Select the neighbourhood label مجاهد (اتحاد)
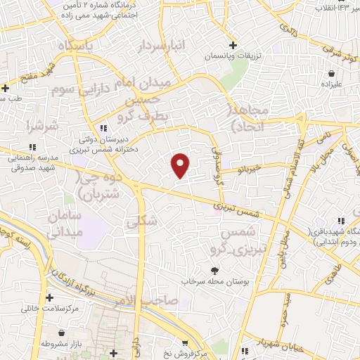click(x=245, y=117)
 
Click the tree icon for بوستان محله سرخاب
click(x=214, y=271)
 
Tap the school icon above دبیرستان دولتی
click(x=104, y=128)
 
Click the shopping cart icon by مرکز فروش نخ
click(x=185, y=343)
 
